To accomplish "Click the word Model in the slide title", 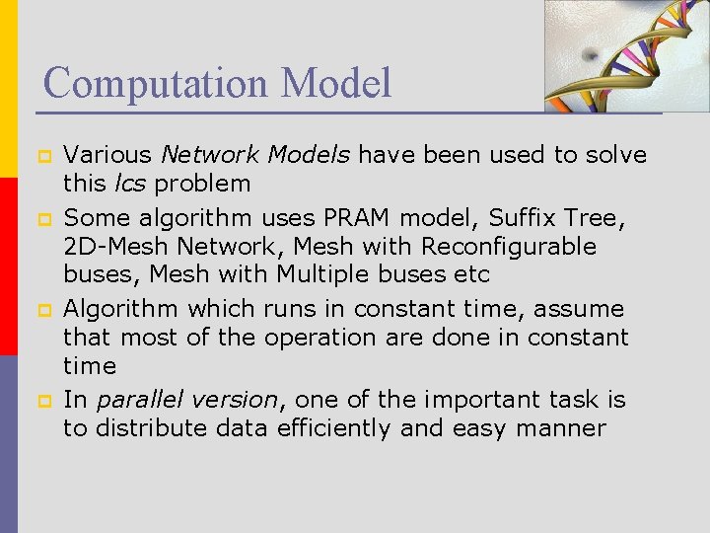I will pyautogui.click(x=336, y=83).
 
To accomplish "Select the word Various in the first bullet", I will pyautogui.click(x=107, y=155).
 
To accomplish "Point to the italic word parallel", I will pyautogui.click(x=133, y=400).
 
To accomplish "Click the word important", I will pyautogui.click(x=474, y=400).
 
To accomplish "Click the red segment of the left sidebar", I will pyautogui.click(x=9, y=266).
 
